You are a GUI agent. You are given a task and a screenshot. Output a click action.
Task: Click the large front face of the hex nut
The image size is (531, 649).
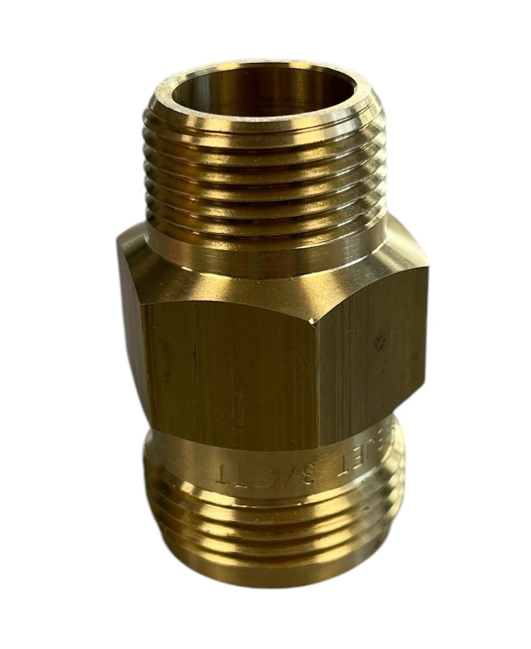231,372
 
